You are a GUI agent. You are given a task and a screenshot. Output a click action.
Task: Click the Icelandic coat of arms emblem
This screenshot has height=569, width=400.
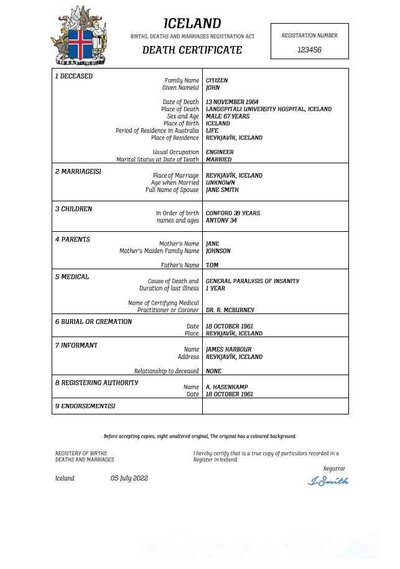[78, 36]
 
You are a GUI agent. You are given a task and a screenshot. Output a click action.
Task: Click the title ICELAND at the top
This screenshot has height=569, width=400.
[192, 24]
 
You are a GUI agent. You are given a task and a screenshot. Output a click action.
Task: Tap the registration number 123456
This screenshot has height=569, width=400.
[309, 50]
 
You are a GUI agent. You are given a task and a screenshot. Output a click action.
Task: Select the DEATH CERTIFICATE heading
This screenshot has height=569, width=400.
[192, 50]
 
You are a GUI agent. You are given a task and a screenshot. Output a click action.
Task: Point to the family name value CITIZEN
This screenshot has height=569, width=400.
[216, 80]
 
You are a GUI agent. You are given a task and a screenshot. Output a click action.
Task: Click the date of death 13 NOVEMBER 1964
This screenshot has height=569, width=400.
[232, 102]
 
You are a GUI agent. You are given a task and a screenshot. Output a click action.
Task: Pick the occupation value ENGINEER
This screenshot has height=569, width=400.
[220, 152]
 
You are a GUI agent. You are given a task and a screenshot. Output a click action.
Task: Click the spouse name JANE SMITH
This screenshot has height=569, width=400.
[222, 190]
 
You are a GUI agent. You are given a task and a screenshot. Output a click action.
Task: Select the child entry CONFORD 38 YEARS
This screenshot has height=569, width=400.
[233, 213]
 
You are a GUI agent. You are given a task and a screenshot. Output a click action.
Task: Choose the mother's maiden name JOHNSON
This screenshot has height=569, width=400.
[218, 251]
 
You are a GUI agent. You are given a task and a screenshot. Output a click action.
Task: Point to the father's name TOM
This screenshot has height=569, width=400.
[212, 265]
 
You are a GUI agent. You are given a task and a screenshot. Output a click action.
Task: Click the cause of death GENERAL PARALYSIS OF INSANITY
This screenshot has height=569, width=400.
[253, 281]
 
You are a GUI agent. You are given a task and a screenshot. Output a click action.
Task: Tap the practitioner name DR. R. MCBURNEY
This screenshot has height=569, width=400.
[230, 310]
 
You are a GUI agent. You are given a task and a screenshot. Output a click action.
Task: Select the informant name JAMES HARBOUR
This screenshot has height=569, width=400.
[229, 350]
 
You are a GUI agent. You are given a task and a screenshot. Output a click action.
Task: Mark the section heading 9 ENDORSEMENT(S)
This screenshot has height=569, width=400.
[85, 406]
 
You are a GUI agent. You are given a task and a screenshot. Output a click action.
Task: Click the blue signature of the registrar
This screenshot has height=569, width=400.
[328, 481]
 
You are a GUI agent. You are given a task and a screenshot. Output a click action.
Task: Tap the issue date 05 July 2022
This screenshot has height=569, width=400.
[129, 479]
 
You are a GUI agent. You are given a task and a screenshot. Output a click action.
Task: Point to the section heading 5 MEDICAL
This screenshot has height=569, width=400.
[72, 277]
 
